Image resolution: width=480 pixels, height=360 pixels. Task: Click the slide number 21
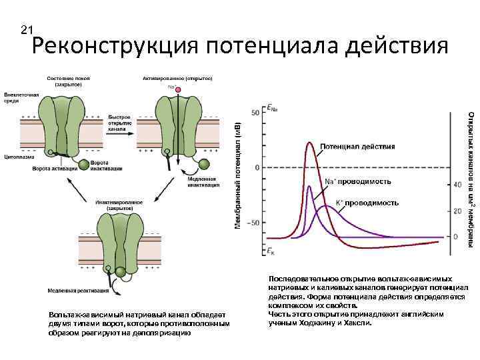pos(27,30)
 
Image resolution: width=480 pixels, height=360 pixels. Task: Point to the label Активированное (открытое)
pos(177,79)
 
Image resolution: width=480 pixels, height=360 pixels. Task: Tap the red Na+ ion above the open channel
pos(172,87)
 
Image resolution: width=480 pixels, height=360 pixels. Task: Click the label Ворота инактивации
pos(100,165)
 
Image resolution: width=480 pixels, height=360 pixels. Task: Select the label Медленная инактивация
pos(203,182)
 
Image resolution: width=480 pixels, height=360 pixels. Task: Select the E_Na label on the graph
pos(272,107)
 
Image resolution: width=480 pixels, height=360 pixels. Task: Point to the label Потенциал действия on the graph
pos(357,146)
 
